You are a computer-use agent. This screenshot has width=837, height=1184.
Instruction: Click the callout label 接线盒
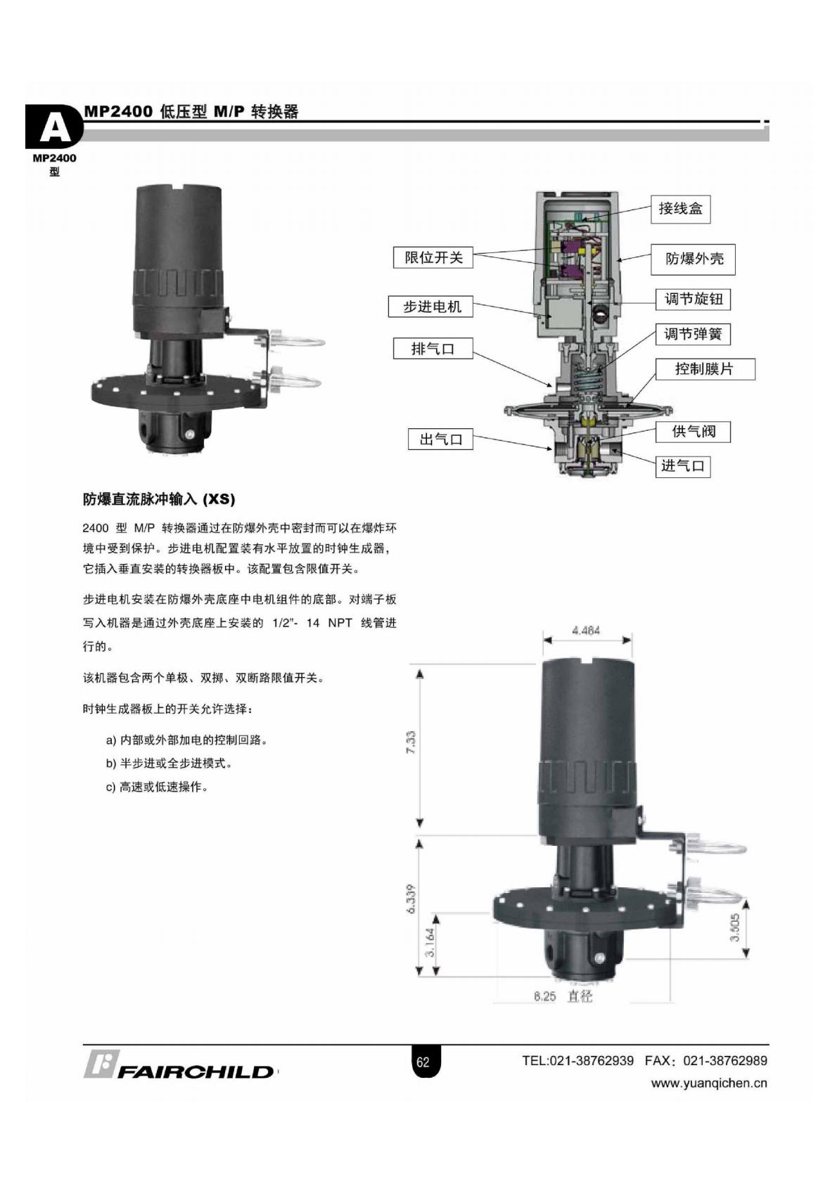(680, 209)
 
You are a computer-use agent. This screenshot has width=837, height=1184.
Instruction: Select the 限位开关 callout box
(433, 257)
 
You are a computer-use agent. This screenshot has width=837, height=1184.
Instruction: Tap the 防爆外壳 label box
(693, 259)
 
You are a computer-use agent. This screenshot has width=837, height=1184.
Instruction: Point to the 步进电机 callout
(430, 307)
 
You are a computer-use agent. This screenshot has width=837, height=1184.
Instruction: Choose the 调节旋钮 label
(694, 300)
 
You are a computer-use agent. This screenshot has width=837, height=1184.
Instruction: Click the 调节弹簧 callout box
(694, 334)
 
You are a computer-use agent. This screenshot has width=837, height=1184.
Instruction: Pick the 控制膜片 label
(705, 369)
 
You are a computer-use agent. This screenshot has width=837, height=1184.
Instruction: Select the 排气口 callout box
(433, 349)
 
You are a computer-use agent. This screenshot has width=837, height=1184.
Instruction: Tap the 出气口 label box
(440, 439)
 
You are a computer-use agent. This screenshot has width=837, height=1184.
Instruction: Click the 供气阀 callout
(694, 432)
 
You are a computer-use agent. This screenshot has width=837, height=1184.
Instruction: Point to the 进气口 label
(682, 466)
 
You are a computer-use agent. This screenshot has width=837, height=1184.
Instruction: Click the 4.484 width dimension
(586, 630)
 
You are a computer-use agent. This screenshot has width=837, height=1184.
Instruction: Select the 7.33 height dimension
(411, 742)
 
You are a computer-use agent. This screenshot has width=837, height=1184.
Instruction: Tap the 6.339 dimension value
(411, 898)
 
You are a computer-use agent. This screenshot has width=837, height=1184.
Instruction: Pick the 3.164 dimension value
(430, 942)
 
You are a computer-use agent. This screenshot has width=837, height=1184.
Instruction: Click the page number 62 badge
(423, 1062)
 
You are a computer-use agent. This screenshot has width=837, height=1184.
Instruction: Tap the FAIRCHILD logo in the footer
(179, 1064)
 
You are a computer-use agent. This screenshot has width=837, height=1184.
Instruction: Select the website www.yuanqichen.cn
(709, 1083)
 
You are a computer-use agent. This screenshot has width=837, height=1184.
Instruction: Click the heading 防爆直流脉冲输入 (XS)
(159, 499)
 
